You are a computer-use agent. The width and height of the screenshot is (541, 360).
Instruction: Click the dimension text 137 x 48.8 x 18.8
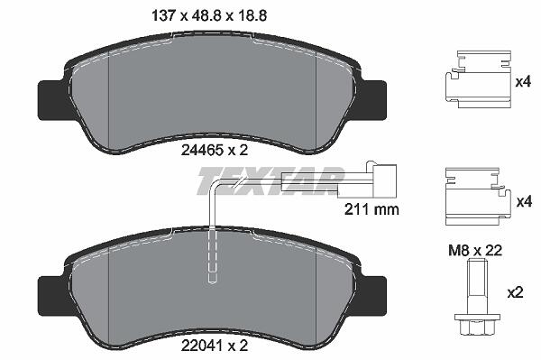click(210, 16)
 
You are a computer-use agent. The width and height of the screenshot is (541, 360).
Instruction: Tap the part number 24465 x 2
click(215, 150)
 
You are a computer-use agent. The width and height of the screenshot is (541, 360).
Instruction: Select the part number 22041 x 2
click(215, 346)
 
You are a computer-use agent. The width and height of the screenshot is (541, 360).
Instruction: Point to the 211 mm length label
click(371, 209)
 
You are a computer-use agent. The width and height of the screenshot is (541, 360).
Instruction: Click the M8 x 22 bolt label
click(475, 250)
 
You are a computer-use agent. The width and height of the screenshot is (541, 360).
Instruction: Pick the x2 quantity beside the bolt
click(516, 293)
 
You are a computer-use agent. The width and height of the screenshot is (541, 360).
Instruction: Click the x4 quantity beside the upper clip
click(523, 82)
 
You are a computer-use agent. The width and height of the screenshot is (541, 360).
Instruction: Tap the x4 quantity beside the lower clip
click(524, 201)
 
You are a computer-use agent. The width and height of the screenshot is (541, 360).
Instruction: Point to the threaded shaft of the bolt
click(477, 287)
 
